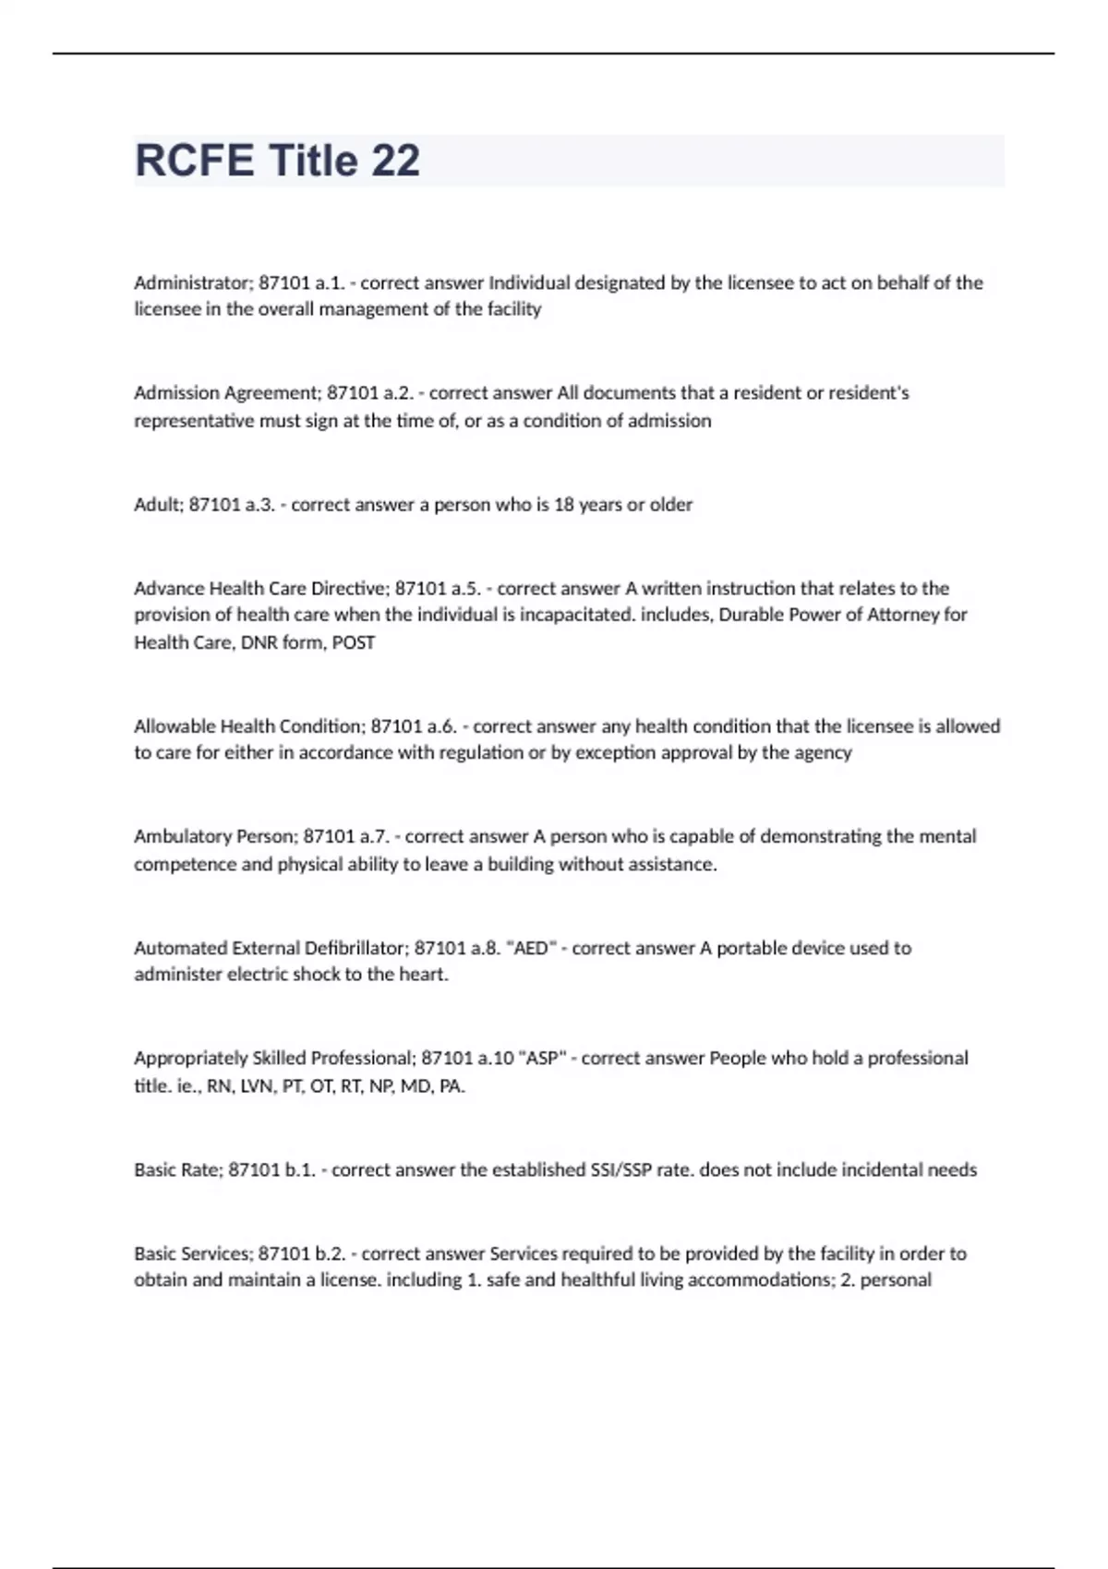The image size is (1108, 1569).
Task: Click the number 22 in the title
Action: pos(396,161)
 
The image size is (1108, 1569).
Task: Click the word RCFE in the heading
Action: pos(194,161)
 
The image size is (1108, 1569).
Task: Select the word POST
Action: pos(353,642)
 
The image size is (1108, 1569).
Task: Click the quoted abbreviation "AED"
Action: pos(531,948)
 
